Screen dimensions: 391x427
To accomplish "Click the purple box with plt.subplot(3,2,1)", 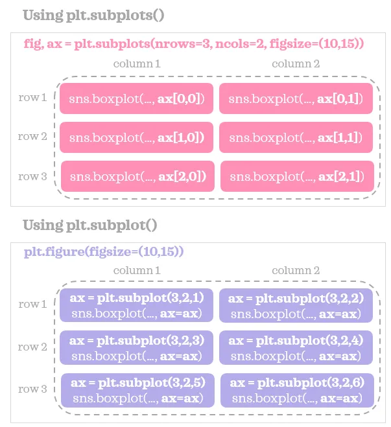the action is click(x=136, y=305).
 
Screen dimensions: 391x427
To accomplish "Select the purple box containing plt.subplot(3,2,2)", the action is click(x=296, y=305).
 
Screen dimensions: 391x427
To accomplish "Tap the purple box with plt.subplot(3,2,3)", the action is click(x=136, y=347).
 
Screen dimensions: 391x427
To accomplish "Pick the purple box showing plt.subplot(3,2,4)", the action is click(x=296, y=347).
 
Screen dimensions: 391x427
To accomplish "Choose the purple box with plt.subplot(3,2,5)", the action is click(x=137, y=390).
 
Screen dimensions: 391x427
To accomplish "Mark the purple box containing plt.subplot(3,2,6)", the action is click(x=297, y=390).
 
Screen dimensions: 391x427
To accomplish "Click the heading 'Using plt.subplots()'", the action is click(x=94, y=16).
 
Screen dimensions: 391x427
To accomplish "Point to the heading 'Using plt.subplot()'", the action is click(x=90, y=225).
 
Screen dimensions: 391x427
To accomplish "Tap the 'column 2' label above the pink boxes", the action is click(x=296, y=63).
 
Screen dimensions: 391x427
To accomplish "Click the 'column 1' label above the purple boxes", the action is click(x=137, y=270).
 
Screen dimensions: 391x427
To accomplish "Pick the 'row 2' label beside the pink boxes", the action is click(x=32, y=136).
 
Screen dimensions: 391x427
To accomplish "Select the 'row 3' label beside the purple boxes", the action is click(x=32, y=389).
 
